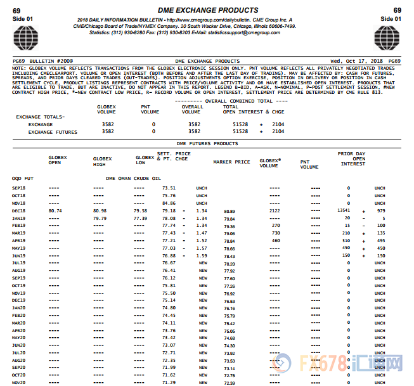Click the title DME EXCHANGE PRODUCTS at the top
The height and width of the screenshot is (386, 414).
tap(207, 10)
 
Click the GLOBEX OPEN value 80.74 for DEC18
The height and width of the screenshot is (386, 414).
tap(55, 210)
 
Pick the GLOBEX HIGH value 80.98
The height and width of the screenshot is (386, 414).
tap(100, 210)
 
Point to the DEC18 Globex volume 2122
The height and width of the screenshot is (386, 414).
tap(273, 210)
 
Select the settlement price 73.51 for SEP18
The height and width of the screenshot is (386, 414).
tap(169, 188)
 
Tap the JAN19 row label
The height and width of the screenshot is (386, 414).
tap(18, 218)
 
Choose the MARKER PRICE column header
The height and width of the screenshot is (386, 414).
tap(231, 162)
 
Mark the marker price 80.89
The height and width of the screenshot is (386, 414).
tap(229, 211)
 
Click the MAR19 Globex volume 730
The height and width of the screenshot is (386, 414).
tap(275, 233)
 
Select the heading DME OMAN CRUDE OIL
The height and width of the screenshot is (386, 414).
tap(134, 179)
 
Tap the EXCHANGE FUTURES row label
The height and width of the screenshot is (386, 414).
tap(53, 132)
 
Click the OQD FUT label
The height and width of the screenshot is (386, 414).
tap(22, 179)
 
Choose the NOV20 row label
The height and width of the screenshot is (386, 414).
tap(18, 382)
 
